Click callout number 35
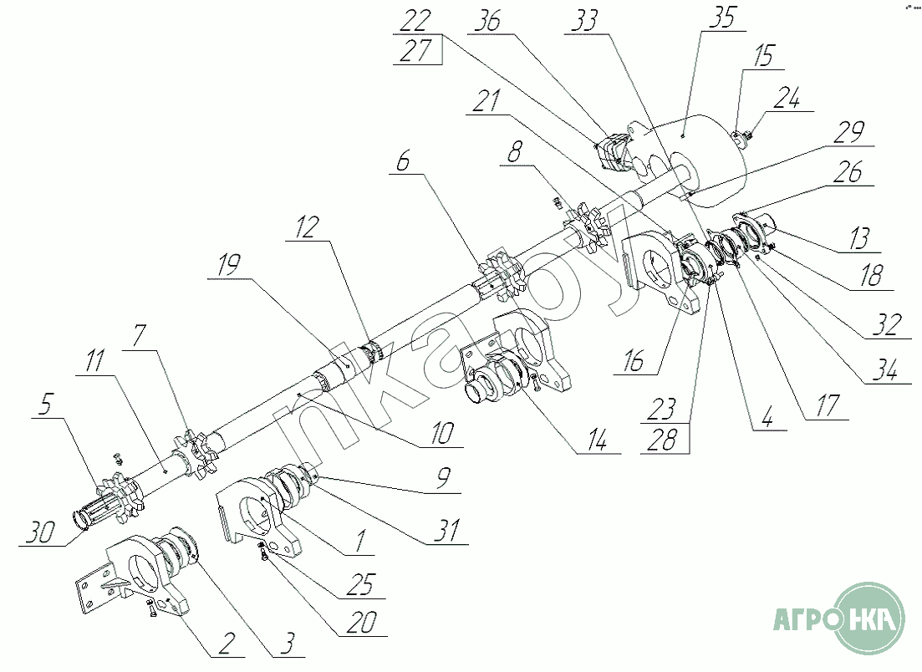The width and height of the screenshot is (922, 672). pos(722,17)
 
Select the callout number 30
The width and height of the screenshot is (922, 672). pos(41,532)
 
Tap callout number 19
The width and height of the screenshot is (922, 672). pos(229,265)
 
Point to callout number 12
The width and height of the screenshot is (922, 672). pos(307,227)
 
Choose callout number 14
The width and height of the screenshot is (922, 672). pos(596,440)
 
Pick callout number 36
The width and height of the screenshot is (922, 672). pos(487,21)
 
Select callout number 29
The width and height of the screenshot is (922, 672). pos(849,132)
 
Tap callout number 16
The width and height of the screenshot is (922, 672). pos(634,361)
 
